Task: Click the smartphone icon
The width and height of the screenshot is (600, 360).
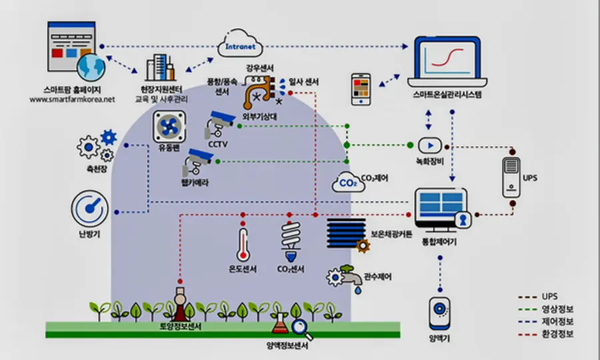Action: click(361, 89)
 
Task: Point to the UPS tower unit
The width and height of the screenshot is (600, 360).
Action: click(512, 177)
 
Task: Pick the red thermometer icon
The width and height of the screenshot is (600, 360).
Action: click(243, 245)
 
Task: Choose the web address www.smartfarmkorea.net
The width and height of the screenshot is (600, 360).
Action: click(72, 99)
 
